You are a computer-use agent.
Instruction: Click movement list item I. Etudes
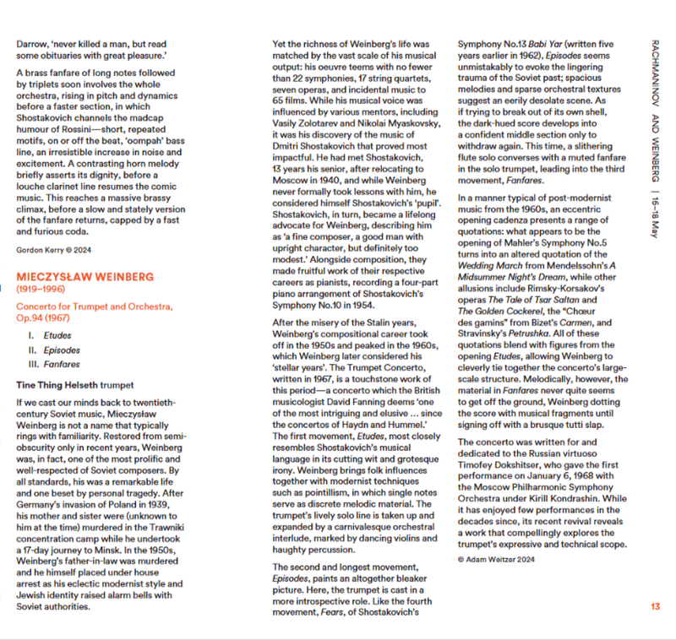[53, 334]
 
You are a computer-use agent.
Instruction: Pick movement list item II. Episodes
[56, 350]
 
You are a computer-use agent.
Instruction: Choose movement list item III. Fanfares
[57, 365]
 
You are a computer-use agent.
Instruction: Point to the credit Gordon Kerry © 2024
[55, 249]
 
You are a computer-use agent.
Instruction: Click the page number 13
[656, 606]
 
